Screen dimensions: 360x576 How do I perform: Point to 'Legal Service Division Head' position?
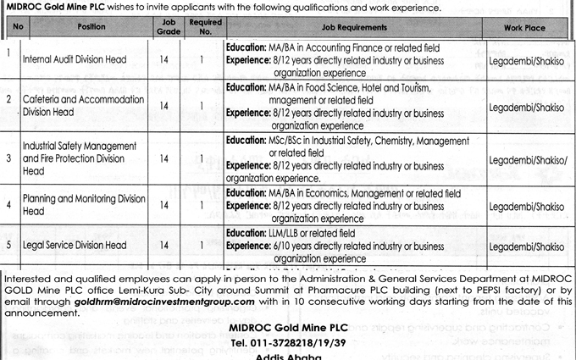coord(74,246)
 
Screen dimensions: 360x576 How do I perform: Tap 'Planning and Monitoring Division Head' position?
coord(83,204)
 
